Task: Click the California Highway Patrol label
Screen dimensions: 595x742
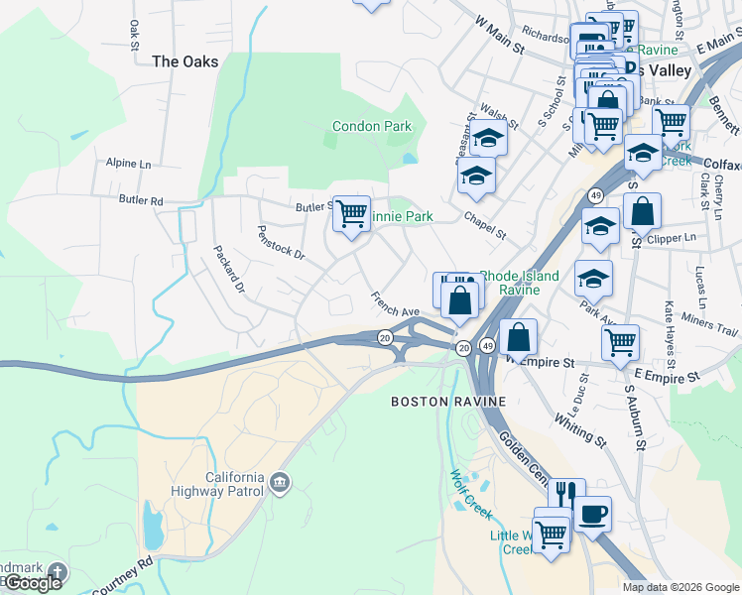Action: [234, 485]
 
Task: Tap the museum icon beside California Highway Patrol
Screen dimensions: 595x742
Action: [281, 482]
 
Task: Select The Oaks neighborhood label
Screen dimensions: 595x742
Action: [185, 61]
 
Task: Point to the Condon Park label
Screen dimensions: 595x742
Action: [372, 126]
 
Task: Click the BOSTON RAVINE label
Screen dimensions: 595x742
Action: [448, 402]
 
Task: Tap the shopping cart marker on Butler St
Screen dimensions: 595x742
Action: [351, 213]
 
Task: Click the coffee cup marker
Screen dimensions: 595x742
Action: [592, 515]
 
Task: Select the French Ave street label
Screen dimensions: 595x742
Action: [397, 304]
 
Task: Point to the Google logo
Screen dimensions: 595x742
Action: [33, 583]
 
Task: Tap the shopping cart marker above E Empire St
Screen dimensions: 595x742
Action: [620, 343]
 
